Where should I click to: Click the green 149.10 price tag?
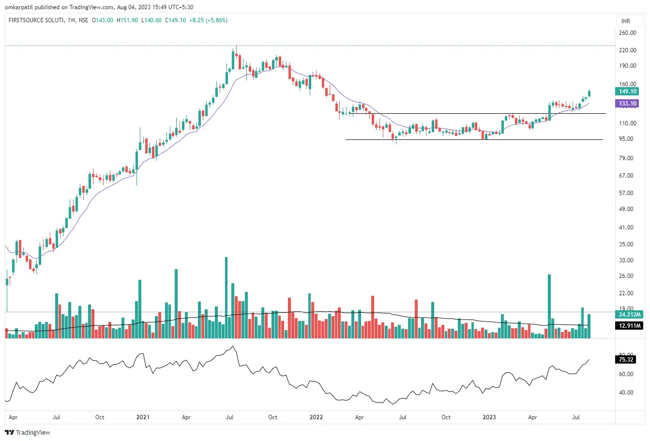628,91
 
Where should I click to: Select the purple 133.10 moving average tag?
628,104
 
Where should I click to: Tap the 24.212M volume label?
630,315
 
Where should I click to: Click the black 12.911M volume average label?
630,326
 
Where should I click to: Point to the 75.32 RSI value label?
626,360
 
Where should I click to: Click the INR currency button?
626,21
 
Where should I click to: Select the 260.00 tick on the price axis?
628,33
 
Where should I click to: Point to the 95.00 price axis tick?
628,139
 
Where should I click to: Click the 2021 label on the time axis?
143,417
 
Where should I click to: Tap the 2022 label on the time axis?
316,417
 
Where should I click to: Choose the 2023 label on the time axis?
489,417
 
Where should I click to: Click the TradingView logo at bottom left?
28,432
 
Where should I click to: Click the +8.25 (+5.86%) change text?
208,20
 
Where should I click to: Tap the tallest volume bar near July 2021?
226,297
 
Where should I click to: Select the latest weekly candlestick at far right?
589,93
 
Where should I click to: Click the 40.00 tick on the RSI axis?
626,393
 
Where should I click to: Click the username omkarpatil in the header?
19,7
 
